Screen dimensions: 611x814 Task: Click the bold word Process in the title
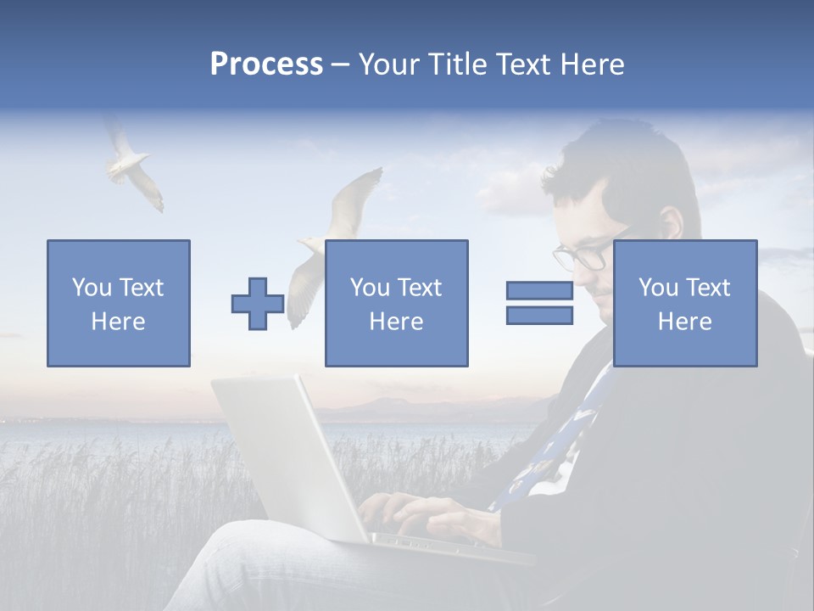(266, 64)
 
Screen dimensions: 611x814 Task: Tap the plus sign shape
(258, 304)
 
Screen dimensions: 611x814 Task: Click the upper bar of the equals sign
(539, 290)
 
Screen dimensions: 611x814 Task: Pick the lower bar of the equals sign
(539, 316)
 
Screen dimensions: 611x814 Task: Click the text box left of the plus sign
(119, 303)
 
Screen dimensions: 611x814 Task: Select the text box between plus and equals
(396, 303)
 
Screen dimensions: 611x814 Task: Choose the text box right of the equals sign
(684, 303)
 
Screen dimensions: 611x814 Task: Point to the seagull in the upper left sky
(131, 165)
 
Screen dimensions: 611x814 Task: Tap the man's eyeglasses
(585, 254)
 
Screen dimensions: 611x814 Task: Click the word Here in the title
(590, 64)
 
